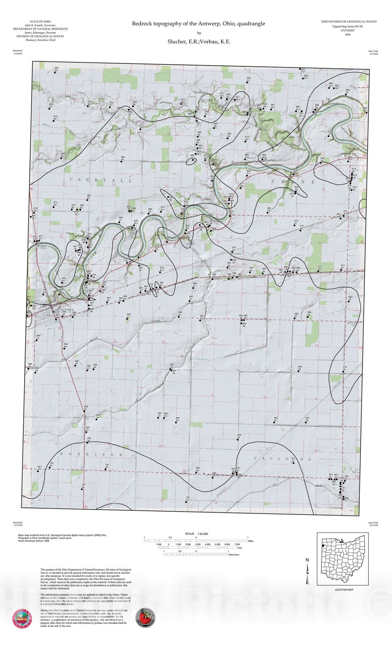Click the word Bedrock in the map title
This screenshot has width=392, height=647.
(141, 24)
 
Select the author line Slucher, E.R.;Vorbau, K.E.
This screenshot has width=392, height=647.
(198, 41)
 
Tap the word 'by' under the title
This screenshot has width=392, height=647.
(199, 33)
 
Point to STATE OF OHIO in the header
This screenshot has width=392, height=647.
(40, 21)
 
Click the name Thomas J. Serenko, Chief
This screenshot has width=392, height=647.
(40, 40)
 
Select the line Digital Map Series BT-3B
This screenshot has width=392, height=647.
(349, 26)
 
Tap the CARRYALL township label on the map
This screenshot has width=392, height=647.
(101, 180)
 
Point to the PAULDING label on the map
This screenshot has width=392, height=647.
(283, 459)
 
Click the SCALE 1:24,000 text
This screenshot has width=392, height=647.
(196, 533)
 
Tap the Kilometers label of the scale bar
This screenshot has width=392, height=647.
(234, 555)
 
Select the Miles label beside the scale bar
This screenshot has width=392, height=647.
(251, 541)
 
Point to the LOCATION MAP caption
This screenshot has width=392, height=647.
(344, 590)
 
